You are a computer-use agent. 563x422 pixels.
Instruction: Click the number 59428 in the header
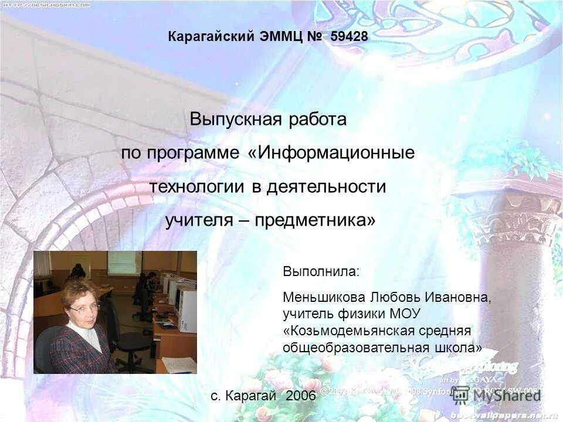click(x=349, y=36)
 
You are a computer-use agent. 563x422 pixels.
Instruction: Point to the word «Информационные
click(x=331, y=154)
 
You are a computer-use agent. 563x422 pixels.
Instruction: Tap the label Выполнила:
click(x=319, y=272)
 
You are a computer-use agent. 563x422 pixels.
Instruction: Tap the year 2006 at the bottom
click(x=301, y=396)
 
